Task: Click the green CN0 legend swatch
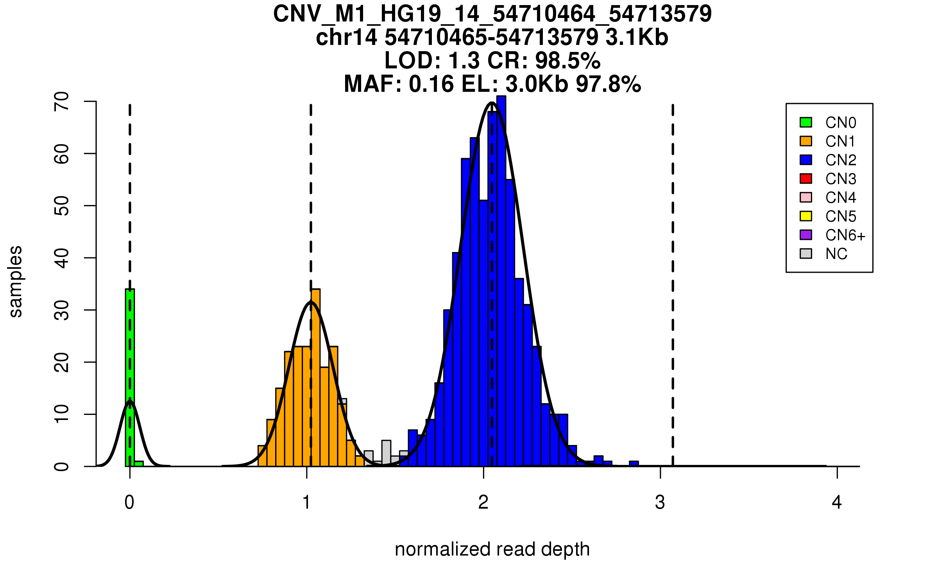(806, 122)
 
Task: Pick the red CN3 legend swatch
(806, 179)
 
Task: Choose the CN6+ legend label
(845, 235)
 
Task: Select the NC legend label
(836, 254)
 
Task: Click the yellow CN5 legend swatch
(806, 216)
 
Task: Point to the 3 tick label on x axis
(660, 502)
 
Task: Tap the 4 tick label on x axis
(837, 502)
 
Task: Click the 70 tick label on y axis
(62, 102)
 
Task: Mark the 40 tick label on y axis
(62, 258)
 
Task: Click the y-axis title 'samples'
(16, 281)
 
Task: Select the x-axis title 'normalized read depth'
(492, 549)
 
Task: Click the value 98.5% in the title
(567, 61)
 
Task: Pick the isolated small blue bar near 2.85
(634, 464)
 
